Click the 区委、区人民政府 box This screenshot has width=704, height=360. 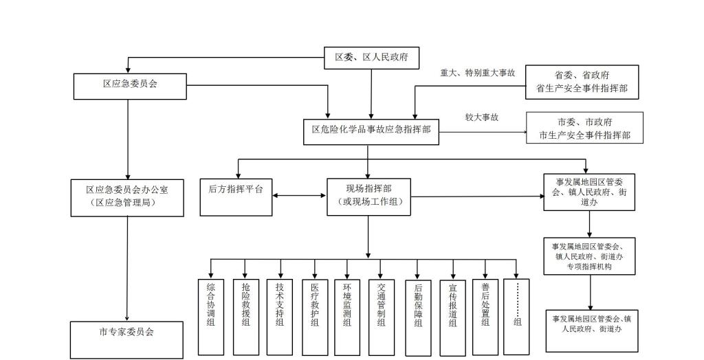[371, 58]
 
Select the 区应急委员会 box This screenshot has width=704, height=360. [130, 85]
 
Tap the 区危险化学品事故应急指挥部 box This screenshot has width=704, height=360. [371, 131]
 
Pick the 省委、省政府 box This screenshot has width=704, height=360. [582, 82]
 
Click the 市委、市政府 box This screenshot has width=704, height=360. [584, 128]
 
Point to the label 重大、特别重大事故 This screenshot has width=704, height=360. [478, 73]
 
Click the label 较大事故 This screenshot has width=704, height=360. [481, 117]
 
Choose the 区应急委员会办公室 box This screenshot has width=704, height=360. [127, 198]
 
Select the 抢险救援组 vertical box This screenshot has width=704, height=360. [245, 315]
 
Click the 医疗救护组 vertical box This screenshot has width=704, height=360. [315, 315]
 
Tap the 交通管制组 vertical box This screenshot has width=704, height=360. [382, 315]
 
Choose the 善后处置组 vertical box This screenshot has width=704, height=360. [486, 315]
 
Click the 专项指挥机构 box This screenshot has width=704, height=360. [589, 256]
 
